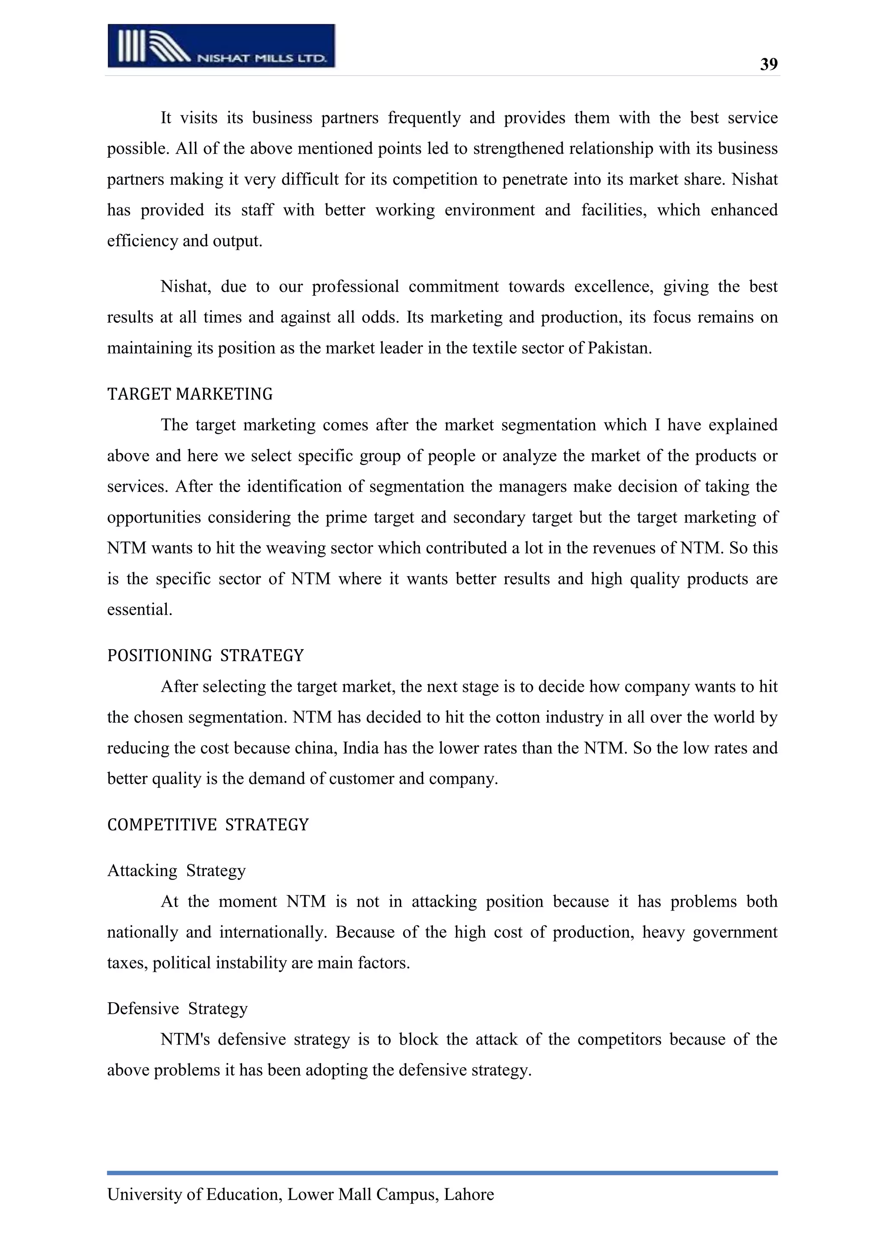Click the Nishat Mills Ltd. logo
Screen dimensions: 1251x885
coord(221,46)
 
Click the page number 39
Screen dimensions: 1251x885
coord(768,64)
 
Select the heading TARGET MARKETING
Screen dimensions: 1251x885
coord(190,394)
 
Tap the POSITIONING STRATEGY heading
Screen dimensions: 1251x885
coord(205,655)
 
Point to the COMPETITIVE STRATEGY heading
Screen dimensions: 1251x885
coord(207,825)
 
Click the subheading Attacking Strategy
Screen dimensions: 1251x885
coord(176,871)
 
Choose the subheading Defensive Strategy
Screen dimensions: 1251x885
coord(177,1009)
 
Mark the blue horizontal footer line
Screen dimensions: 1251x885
coord(442,1172)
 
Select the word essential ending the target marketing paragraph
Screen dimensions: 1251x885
coord(139,609)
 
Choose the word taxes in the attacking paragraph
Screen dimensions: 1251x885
coord(127,963)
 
